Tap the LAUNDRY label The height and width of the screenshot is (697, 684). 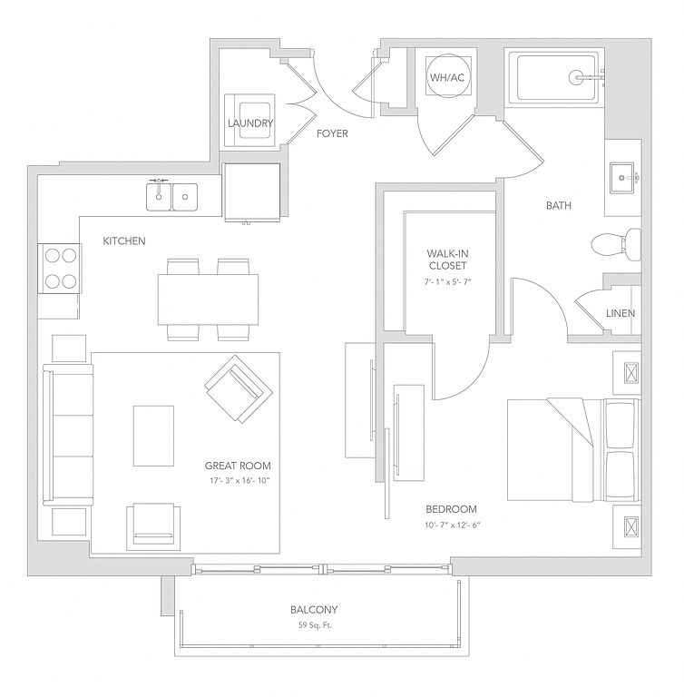click(x=250, y=123)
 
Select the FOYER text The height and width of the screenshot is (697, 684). click(x=332, y=134)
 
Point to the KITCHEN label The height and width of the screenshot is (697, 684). click(x=124, y=241)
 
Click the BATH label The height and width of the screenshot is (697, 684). click(x=558, y=206)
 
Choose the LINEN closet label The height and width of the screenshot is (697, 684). click(x=620, y=314)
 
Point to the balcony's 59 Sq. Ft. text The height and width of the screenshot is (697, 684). click(x=314, y=627)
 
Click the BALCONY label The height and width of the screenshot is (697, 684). click(x=314, y=611)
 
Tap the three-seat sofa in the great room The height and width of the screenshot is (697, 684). click(x=68, y=436)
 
